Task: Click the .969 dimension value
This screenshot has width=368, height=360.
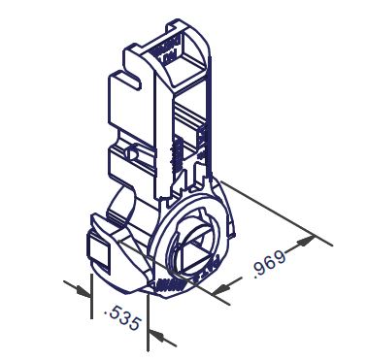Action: point(270,265)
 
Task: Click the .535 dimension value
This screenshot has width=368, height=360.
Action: point(123,319)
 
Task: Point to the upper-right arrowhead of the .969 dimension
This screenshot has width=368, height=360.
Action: point(305,241)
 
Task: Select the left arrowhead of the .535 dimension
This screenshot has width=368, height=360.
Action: point(84,292)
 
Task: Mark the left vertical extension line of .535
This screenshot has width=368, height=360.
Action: point(91,296)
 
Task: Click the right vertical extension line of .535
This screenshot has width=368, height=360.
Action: point(148,323)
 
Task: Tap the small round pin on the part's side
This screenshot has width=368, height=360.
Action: point(131,152)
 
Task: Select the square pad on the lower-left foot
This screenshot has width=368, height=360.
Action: point(99,250)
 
